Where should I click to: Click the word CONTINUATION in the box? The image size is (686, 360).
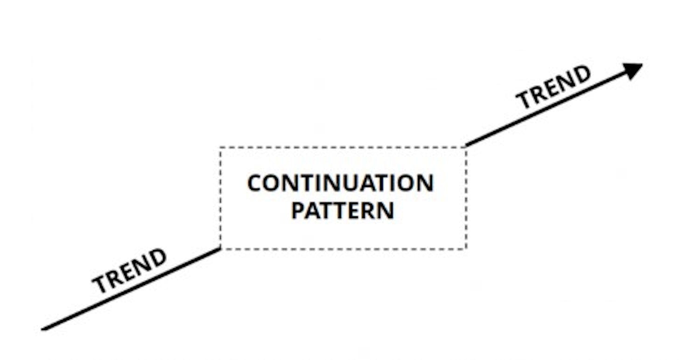tap(340, 184)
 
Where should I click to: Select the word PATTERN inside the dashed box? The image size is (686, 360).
tap(343, 211)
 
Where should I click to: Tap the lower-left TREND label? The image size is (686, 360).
tap(129, 270)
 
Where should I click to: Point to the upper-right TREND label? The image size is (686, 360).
tap(553, 87)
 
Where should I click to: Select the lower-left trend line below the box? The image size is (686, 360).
tap(131, 289)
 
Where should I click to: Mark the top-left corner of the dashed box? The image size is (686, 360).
tap(220, 148)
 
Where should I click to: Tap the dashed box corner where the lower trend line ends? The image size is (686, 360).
tap(220, 248)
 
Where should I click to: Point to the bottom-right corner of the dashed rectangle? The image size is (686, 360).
tap(466, 248)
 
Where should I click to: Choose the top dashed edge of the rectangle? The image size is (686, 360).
tap(343, 147)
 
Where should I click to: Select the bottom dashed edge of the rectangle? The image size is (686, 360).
tap(343, 249)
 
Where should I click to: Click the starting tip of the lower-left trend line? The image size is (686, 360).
tap(43, 329)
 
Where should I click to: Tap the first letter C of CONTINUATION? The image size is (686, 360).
tap(256, 184)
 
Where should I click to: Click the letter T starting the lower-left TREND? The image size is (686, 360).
tap(99, 283)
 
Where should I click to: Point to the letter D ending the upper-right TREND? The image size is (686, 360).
tap(581, 74)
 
